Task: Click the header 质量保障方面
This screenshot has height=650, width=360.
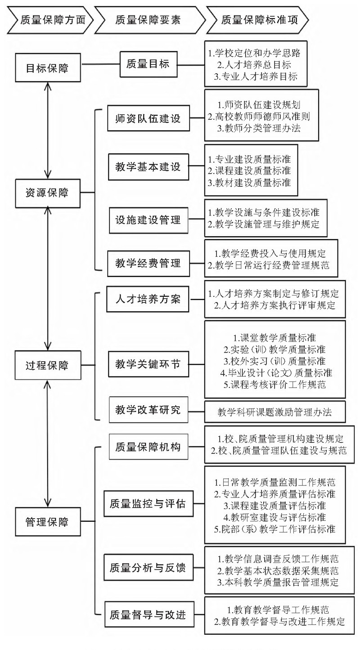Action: pos(52,19)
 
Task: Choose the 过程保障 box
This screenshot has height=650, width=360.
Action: pos(47,365)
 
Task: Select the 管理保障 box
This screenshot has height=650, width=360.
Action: pos(47,522)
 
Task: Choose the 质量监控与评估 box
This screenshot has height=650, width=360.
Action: pos(145,502)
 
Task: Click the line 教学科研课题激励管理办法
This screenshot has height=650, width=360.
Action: pos(275,412)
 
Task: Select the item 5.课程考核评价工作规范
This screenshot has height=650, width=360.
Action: pos(275,385)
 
